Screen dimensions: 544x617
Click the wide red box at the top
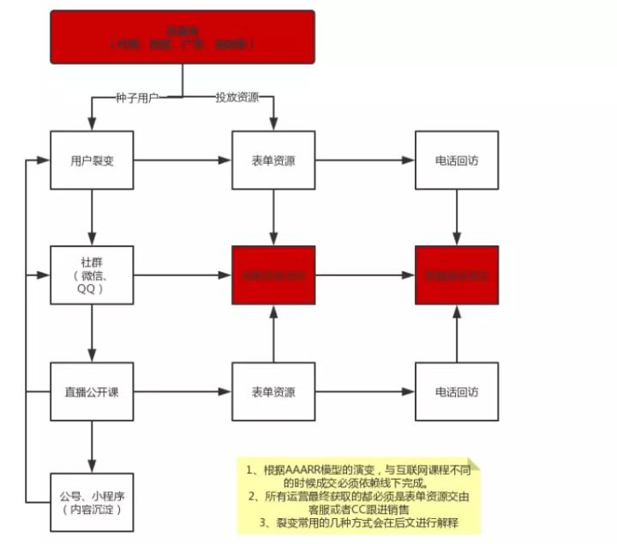point(182,38)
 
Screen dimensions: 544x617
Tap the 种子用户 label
point(137,97)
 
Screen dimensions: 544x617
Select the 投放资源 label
point(237,97)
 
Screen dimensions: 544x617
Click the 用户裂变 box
point(92,160)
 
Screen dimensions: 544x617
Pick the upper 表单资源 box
point(273,160)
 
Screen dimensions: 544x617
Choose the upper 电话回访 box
point(456,160)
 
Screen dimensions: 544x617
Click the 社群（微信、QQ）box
point(92,275)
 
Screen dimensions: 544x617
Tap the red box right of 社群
point(273,275)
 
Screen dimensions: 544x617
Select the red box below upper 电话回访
point(456,275)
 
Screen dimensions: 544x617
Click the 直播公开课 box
point(92,392)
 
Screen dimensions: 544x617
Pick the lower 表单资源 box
point(273,392)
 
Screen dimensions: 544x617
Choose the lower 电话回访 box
point(456,392)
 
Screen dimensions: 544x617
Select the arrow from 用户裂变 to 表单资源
point(183,160)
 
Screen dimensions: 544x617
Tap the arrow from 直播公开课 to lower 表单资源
point(183,392)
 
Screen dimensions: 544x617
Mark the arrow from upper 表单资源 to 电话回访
point(365,160)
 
